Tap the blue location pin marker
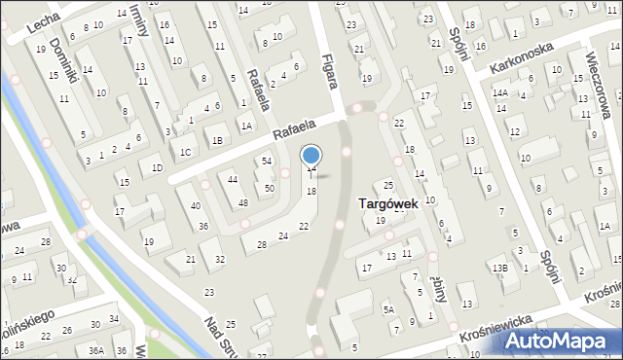tap(311, 157)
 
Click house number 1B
tap(217, 141)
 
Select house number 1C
tap(185, 152)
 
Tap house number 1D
tap(156, 167)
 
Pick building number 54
tap(266, 161)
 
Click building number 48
tap(242, 203)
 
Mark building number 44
tap(233, 180)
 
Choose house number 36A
tap(95, 350)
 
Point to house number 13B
tap(499, 268)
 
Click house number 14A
tap(500, 92)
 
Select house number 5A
tap(387, 309)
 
